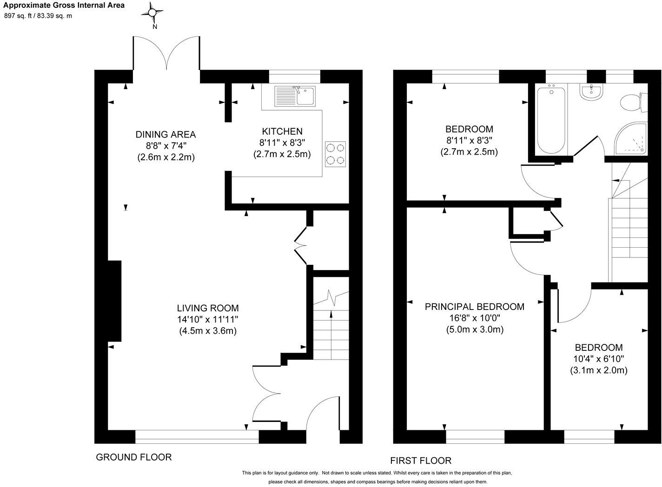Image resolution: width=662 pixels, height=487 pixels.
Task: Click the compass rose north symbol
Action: pyautogui.click(x=155, y=13)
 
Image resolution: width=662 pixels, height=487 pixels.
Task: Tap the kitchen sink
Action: pyautogui.click(x=295, y=96)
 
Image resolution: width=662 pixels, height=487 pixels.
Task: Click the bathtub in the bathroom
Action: pyautogui.click(x=552, y=118)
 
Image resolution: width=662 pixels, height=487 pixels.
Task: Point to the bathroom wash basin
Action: pyautogui.click(x=591, y=92)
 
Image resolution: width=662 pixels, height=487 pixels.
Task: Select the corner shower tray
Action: pyautogui.click(x=632, y=139)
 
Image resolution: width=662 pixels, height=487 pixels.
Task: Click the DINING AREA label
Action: pyautogui.click(x=165, y=135)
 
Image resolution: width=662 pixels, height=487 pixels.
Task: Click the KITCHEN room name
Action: pyautogui.click(x=282, y=132)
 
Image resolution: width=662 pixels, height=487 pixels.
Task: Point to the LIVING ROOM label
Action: pyautogui.click(x=208, y=308)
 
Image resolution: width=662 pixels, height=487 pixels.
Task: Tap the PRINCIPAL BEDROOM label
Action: pyautogui.click(x=474, y=307)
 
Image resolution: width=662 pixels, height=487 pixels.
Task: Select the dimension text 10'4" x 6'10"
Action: pyautogui.click(x=599, y=359)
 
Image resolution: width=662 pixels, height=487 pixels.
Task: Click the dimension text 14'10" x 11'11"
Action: pyautogui.click(x=208, y=320)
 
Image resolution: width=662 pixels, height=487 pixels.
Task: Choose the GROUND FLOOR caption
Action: pyautogui.click(x=133, y=457)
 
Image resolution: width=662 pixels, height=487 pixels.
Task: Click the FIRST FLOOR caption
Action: pyautogui.click(x=420, y=461)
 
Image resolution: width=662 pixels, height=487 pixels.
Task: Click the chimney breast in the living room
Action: pyautogui.click(x=114, y=302)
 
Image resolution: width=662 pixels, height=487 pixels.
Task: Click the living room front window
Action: pyautogui.click(x=197, y=436)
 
